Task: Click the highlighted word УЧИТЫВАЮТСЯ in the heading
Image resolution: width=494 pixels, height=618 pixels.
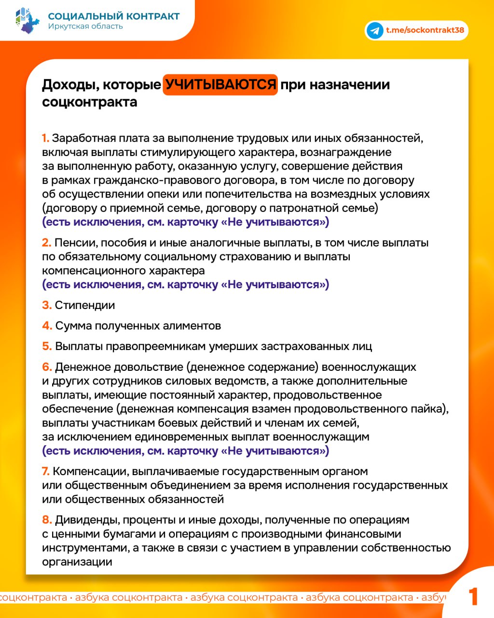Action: click(220, 85)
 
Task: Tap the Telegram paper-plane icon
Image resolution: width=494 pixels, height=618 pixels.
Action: click(375, 30)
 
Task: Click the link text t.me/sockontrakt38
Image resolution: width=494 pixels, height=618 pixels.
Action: click(425, 30)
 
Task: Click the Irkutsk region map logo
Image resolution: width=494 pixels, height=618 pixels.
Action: click(27, 20)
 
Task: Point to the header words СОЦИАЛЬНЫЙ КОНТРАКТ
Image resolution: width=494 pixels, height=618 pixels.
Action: click(114, 16)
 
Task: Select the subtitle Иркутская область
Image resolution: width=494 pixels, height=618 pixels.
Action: click(85, 27)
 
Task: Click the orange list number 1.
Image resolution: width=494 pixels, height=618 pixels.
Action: click(45, 139)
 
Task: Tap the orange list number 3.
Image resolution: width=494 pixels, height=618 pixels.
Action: click(46, 305)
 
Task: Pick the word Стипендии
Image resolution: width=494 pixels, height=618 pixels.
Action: click(85, 305)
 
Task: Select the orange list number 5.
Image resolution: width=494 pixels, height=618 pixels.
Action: click(46, 347)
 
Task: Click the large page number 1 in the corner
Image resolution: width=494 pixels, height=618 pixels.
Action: click(473, 597)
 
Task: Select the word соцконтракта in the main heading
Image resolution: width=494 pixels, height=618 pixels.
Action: click(90, 102)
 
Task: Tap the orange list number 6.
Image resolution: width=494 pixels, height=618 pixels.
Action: click(46, 367)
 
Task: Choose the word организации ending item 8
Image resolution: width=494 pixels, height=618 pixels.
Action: click(77, 562)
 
